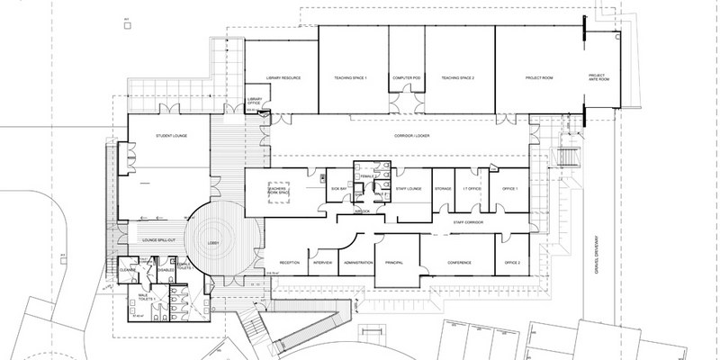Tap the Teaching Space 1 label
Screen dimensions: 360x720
353,79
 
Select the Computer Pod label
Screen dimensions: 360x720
406,79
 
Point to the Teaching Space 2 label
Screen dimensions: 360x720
458,79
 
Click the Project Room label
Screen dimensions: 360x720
537,79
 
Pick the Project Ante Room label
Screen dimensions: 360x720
598,79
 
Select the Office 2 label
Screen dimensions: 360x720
513,261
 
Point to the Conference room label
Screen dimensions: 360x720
460,261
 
